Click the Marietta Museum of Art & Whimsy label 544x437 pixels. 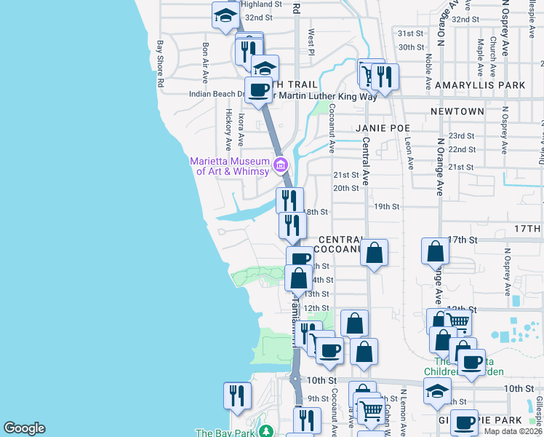coord(228,166)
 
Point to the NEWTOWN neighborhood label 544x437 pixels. coord(457,111)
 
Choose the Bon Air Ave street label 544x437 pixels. coord(206,61)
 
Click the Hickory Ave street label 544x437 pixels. coord(228,125)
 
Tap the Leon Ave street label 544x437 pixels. coord(409,154)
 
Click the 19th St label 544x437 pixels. coord(387,206)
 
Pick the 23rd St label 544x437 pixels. coord(461,136)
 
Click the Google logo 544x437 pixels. coord(24,428)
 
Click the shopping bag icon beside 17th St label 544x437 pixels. coord(434,251)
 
